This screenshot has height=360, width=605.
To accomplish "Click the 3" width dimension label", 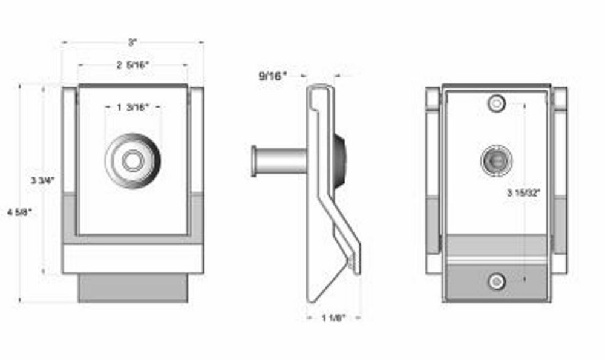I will pyautogui.click(x=132, y=42).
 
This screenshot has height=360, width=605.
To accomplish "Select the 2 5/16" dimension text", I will pyautogui.click(x=132, y=65).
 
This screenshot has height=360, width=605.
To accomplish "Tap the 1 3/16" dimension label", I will pyautogui.click(x=132, y=107).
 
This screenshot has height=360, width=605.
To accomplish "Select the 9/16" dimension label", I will pyautogui.click(x=273, y=76).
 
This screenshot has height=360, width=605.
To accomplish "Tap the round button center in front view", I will pyautogui.click(x=132, y=161).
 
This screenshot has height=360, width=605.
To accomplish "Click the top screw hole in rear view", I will pyautogui.click(x=497, y=103).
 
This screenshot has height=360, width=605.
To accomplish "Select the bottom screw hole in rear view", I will pyautogui.click(x=497, y=281).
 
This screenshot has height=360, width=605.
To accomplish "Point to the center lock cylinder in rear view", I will pyautogui.click(x=497, y=160).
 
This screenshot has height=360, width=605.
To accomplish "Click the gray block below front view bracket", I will pyautogui.click(x=132, y=287).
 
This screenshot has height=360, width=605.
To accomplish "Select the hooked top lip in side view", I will pyautogui.click(x=319, y=91).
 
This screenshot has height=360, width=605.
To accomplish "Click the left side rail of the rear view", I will pyautogui.click(x=432, y=182).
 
